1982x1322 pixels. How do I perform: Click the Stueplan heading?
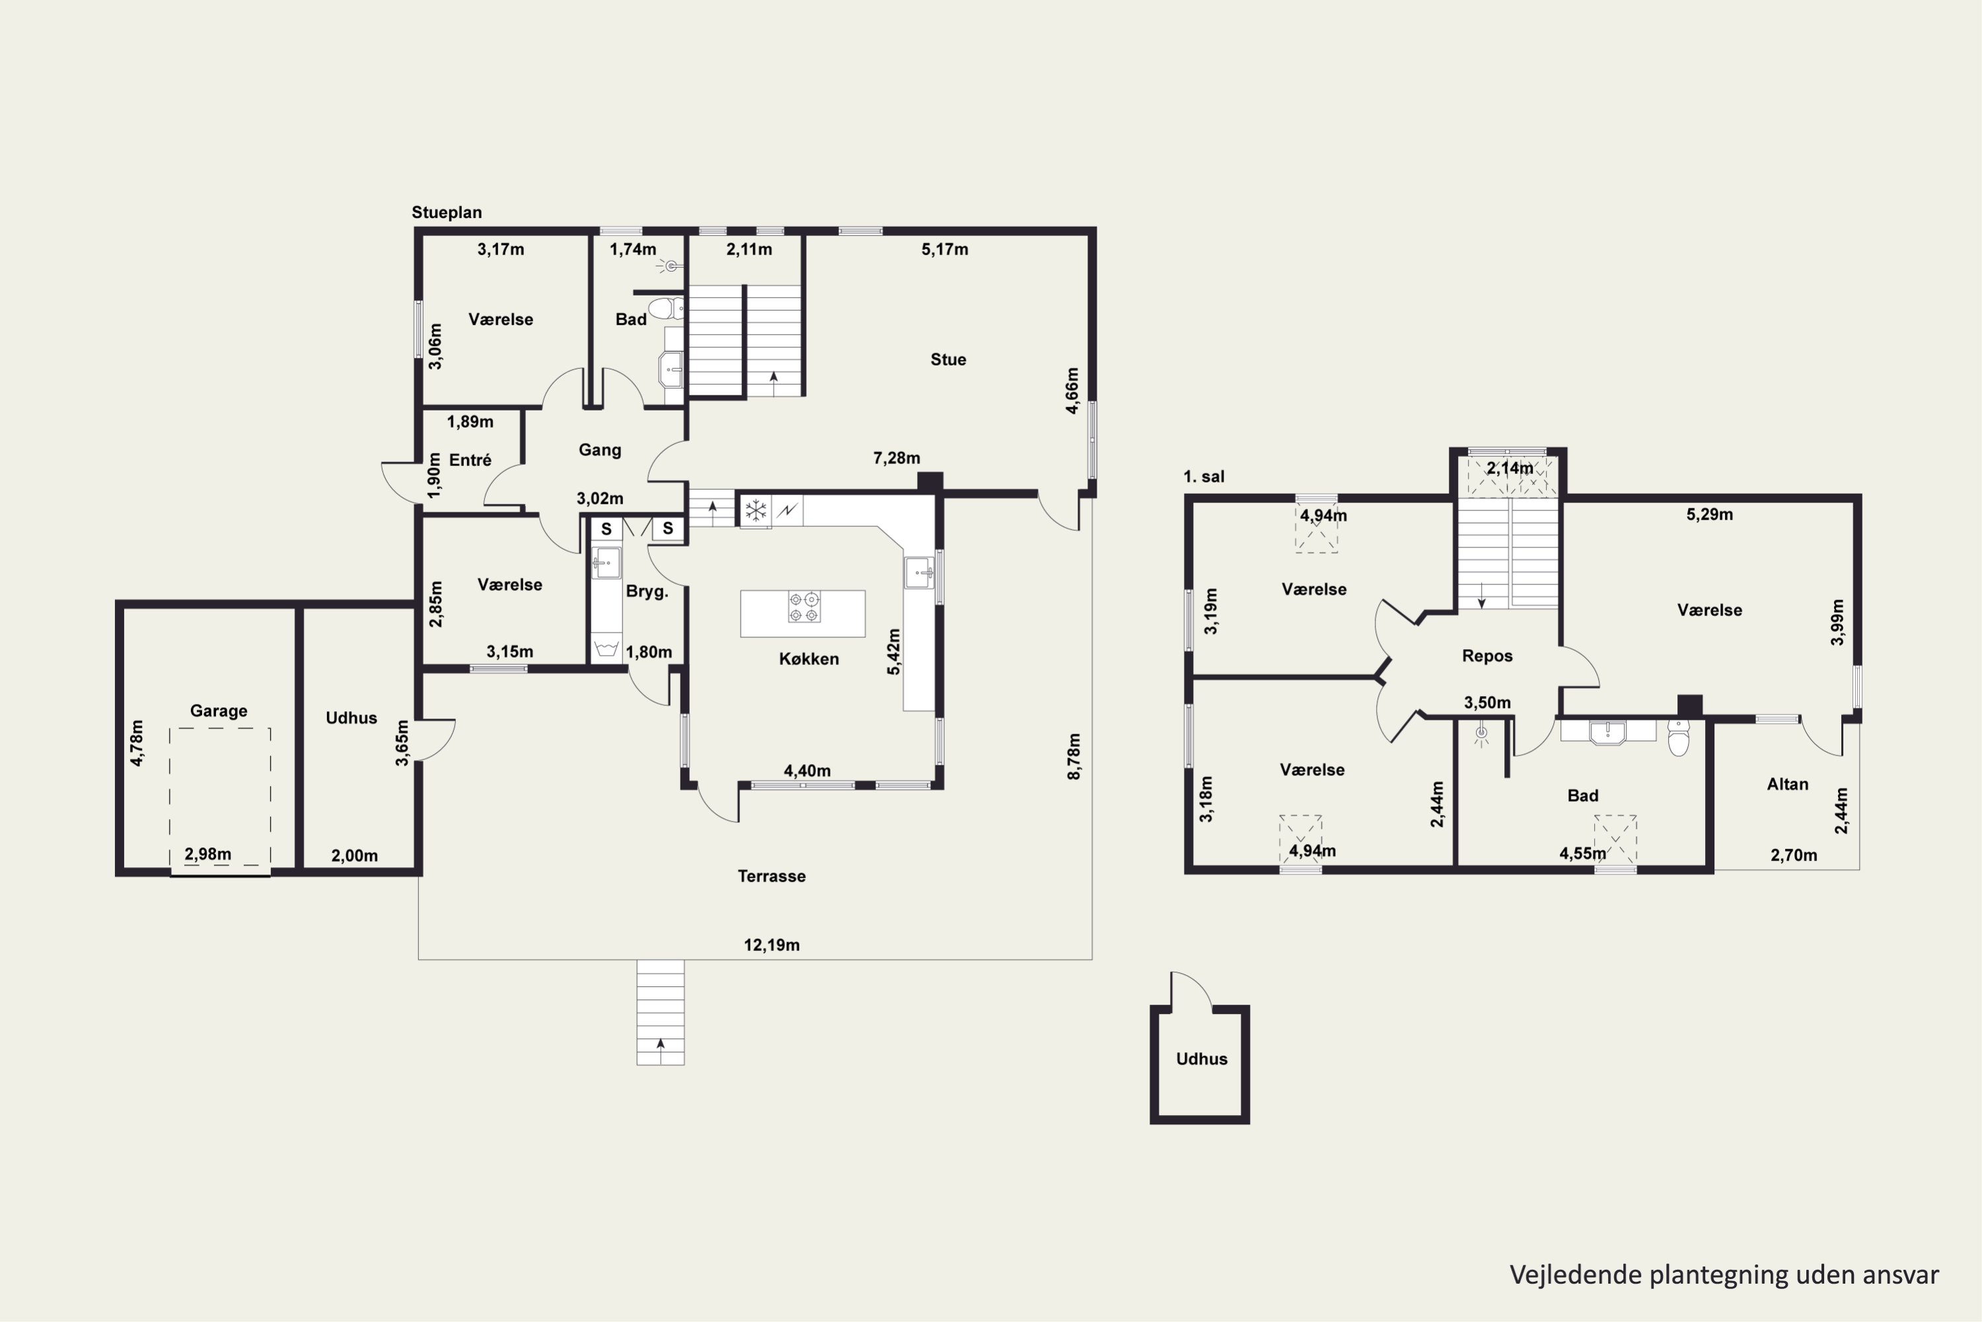point(447,212)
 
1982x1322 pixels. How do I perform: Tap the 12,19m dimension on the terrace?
point(771,945)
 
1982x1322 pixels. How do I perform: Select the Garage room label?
point(218,711)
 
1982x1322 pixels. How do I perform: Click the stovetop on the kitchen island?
point(803,607)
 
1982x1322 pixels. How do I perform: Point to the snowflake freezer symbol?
point(756,510)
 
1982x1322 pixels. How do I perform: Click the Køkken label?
point(809,658)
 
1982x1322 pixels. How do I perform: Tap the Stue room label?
point(948,359)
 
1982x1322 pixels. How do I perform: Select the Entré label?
point(470,459)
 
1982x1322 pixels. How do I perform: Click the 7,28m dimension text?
point(897,458)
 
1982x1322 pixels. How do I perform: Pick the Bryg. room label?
point(647,592)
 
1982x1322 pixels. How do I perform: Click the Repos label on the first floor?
point(1487,656)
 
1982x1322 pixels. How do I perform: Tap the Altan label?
point(1787,784)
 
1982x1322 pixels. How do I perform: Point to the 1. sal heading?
point(1203,477)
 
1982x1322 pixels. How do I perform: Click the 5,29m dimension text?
point(1710,514)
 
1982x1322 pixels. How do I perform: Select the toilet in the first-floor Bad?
point(1679,738)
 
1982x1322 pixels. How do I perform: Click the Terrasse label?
point(771,876)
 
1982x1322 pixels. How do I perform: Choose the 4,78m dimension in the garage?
point(137,743)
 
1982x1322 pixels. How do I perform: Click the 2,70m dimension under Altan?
point(1793,855)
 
